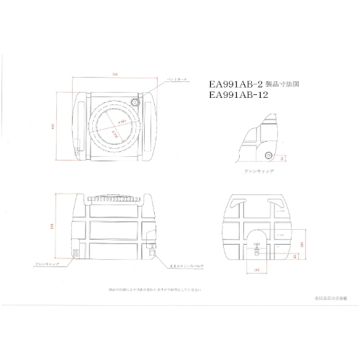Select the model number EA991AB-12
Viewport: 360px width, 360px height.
(x=234, y=94)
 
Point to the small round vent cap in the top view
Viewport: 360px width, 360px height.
(x=135, y=105)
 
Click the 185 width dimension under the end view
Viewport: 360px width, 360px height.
(x=257, y=271)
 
